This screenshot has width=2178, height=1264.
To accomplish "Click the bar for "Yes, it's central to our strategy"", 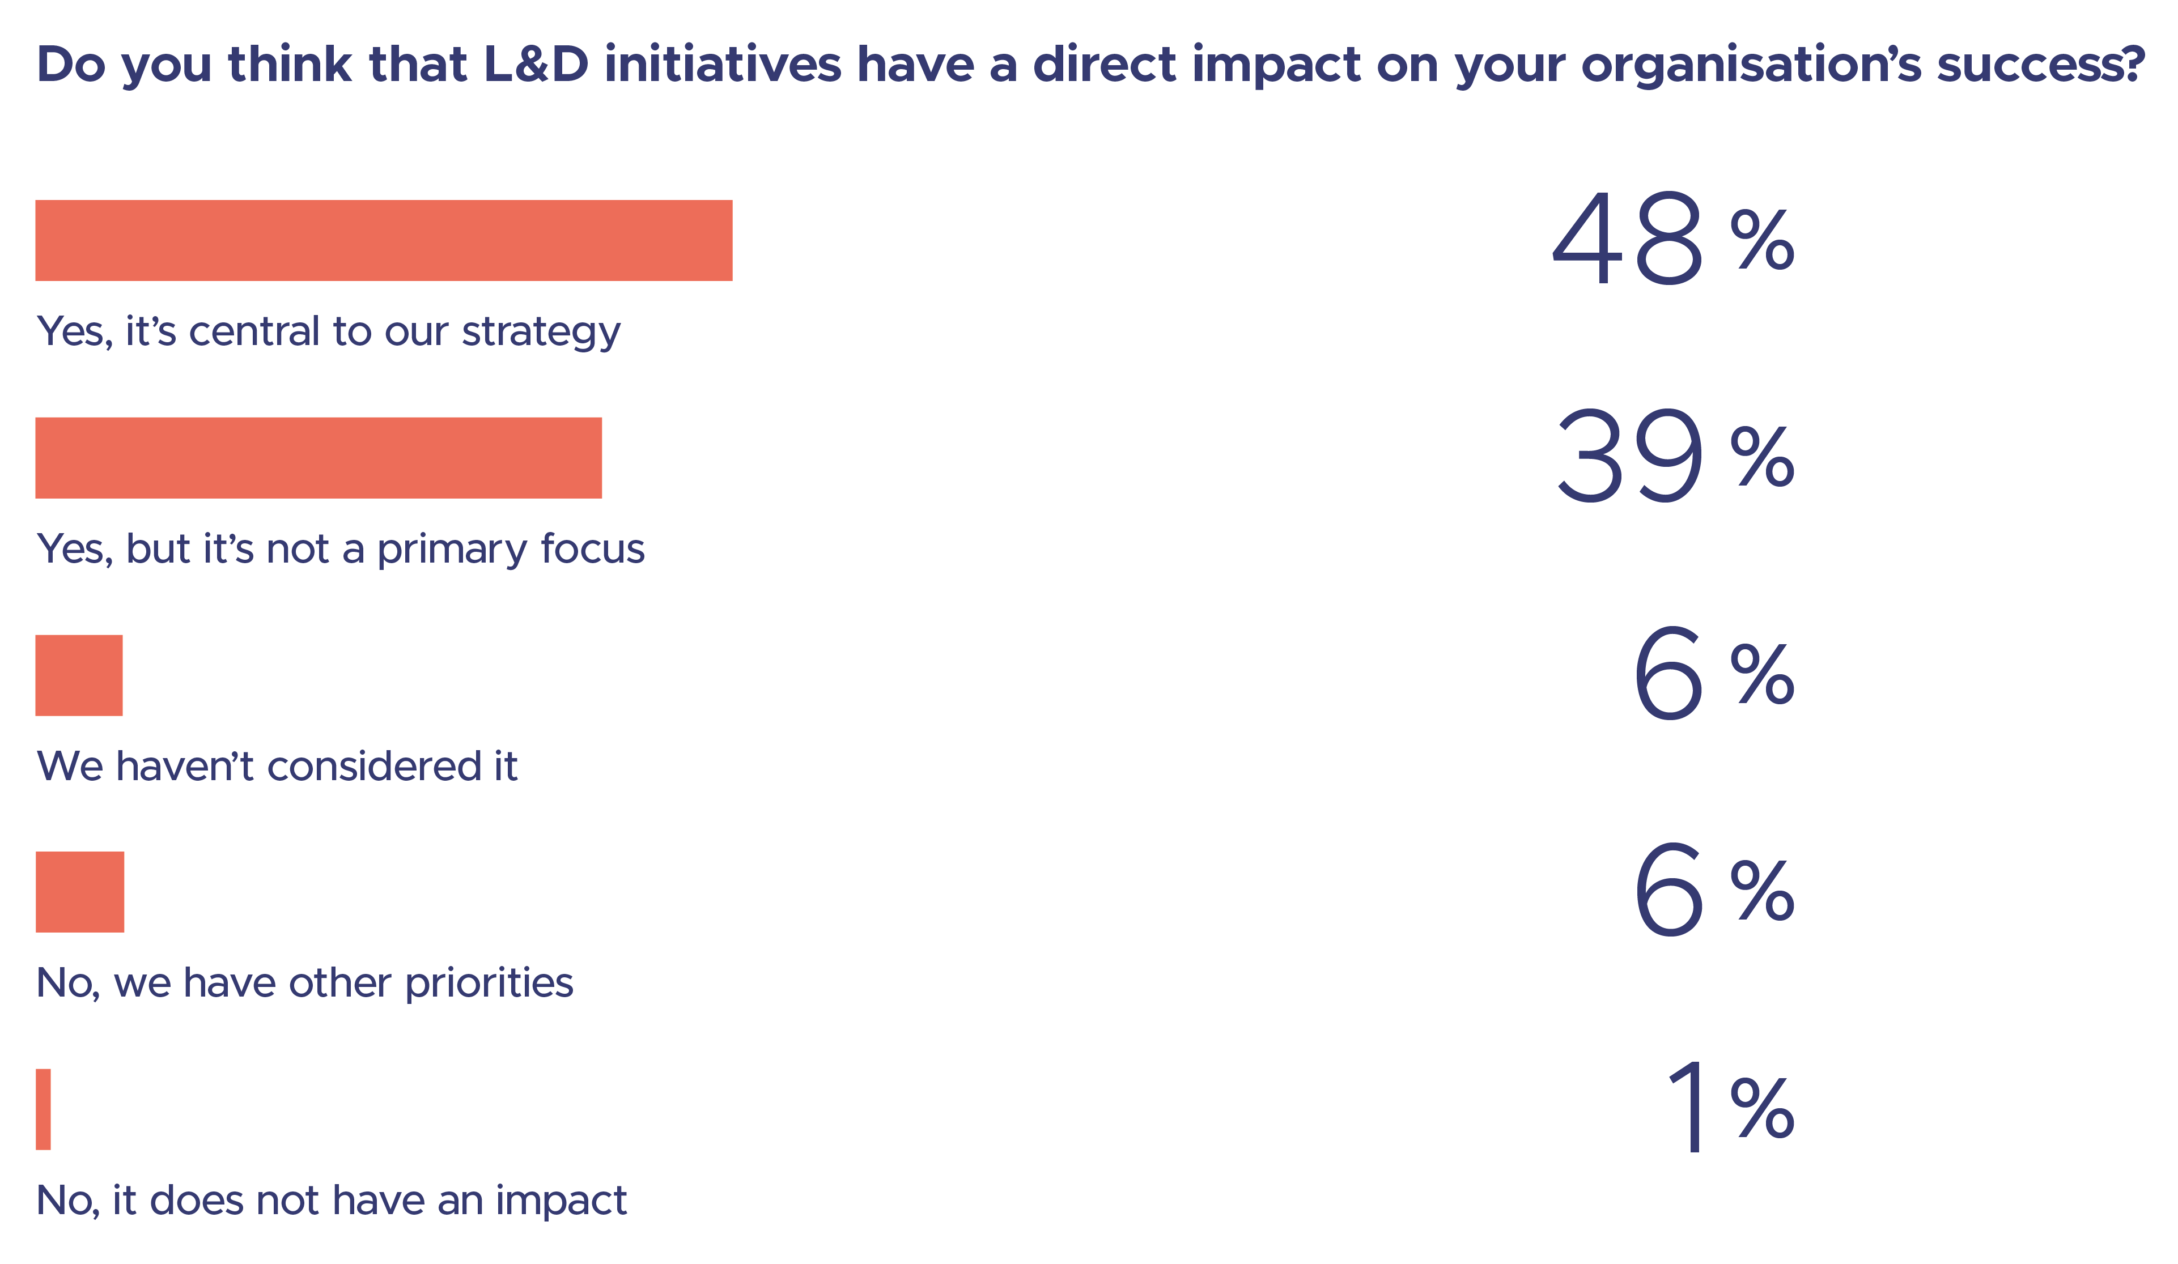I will coord(384,240).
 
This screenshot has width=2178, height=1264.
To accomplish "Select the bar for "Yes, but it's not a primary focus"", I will coord(318,458).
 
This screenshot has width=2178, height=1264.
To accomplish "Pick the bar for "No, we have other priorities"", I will coord(79,892).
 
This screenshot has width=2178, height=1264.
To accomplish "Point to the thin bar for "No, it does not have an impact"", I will coord(43,1109).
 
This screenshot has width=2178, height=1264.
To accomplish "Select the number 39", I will coord(1629,456).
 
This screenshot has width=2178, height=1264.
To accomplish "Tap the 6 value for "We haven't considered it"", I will coord(1668,674).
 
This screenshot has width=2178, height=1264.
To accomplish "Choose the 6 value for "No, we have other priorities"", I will coord(1668,891).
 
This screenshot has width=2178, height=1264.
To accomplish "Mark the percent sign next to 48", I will coord(1761,240).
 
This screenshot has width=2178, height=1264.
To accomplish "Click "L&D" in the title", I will coord(536,65).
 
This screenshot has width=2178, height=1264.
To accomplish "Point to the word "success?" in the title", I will coord(2040,65).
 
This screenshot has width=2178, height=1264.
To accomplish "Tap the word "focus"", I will coord(593,548).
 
